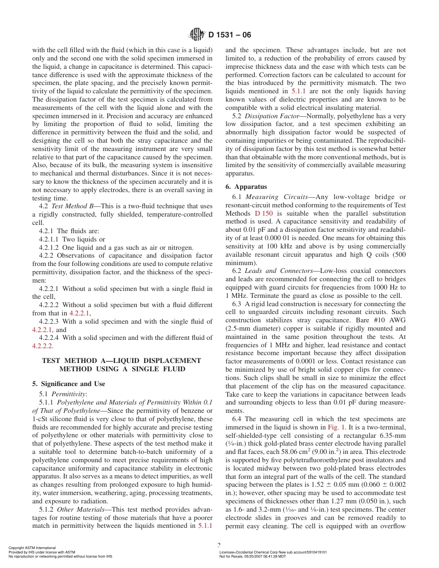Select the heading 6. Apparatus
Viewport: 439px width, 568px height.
coord(246,187)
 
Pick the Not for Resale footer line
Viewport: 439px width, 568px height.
coord(253,556)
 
